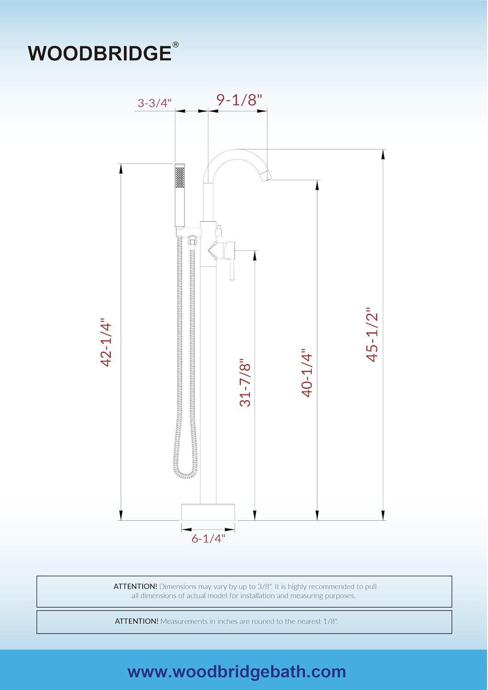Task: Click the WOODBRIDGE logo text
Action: [99, 53]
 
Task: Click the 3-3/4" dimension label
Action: [155, 103]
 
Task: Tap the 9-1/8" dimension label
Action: [239, 99]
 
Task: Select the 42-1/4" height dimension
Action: [107, 343]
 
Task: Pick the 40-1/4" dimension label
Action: [307, 374]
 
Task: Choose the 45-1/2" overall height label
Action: [372, 334]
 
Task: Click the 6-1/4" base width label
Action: [208, 538]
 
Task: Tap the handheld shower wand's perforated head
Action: [179, 177]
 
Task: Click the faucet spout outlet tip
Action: [266, 175]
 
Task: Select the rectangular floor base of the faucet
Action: [208, 512]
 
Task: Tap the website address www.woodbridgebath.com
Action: [236, 672]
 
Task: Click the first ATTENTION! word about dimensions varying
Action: [135, 586]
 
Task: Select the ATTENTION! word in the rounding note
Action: [137, 621]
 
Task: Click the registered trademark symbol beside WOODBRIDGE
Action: [176, 45]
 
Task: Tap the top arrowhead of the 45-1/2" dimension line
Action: [383, 154]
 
